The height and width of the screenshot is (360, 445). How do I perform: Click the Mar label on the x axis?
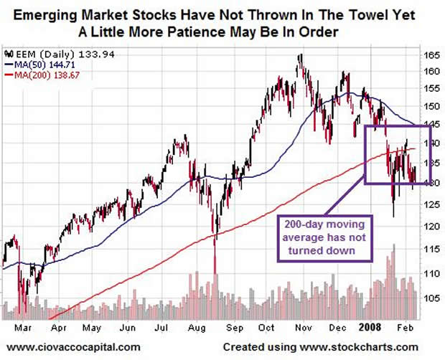pyautogui.click(x=22, y=325)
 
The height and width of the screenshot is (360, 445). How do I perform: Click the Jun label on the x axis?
pyautogui.click(x=128, y=325)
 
